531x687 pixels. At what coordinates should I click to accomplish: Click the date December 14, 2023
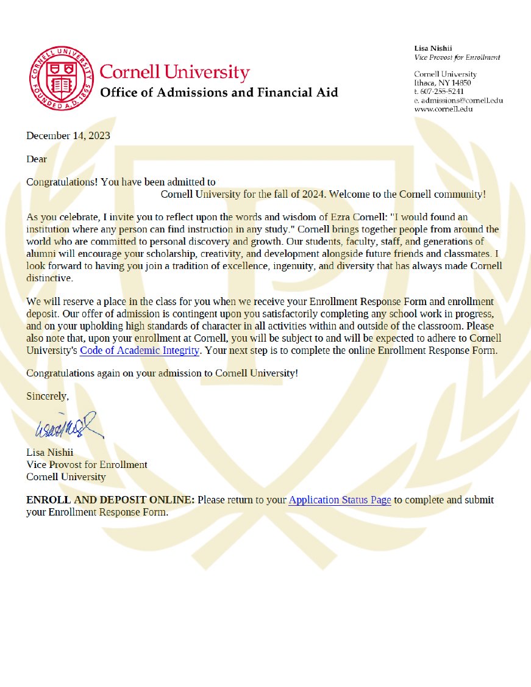point(68,135)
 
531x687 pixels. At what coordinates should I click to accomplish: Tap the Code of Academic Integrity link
point(140,350)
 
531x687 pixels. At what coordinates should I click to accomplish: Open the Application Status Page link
point(340,500)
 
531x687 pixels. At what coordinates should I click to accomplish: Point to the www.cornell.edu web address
point(443,109)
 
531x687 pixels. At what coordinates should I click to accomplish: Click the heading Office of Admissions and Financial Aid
point(218,93)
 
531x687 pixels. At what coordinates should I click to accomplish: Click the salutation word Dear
point(37,159)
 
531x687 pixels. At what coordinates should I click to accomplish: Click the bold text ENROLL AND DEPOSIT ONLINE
point(110,500)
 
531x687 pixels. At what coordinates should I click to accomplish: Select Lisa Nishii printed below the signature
point(49,453)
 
